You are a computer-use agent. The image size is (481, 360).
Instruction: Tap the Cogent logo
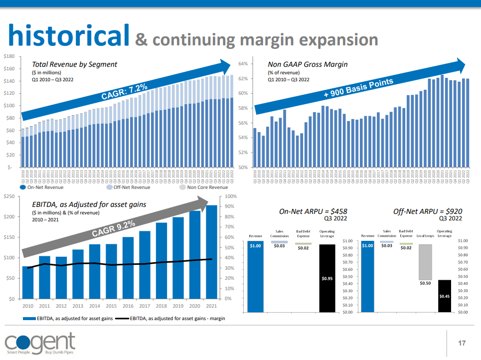click(x=40, y=343)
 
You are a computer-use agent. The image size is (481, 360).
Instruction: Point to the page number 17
click(x=462, y=343)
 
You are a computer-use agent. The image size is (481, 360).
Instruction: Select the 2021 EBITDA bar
click(x=211, y=252)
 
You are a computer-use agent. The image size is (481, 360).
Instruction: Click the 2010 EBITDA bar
click(x=28, y=282)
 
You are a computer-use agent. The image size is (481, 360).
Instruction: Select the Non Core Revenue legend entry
click(x=204, y=187)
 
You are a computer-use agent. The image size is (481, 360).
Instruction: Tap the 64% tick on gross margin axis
click(x=243, y=64)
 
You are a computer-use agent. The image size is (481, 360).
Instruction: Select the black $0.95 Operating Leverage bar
click(x=327, y=278)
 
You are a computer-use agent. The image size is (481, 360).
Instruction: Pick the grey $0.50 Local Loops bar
click(x=425, y=262)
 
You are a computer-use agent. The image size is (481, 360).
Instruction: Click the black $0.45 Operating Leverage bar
click(x=445, y=296)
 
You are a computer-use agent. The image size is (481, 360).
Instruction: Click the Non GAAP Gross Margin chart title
click(x=308, y=64)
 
